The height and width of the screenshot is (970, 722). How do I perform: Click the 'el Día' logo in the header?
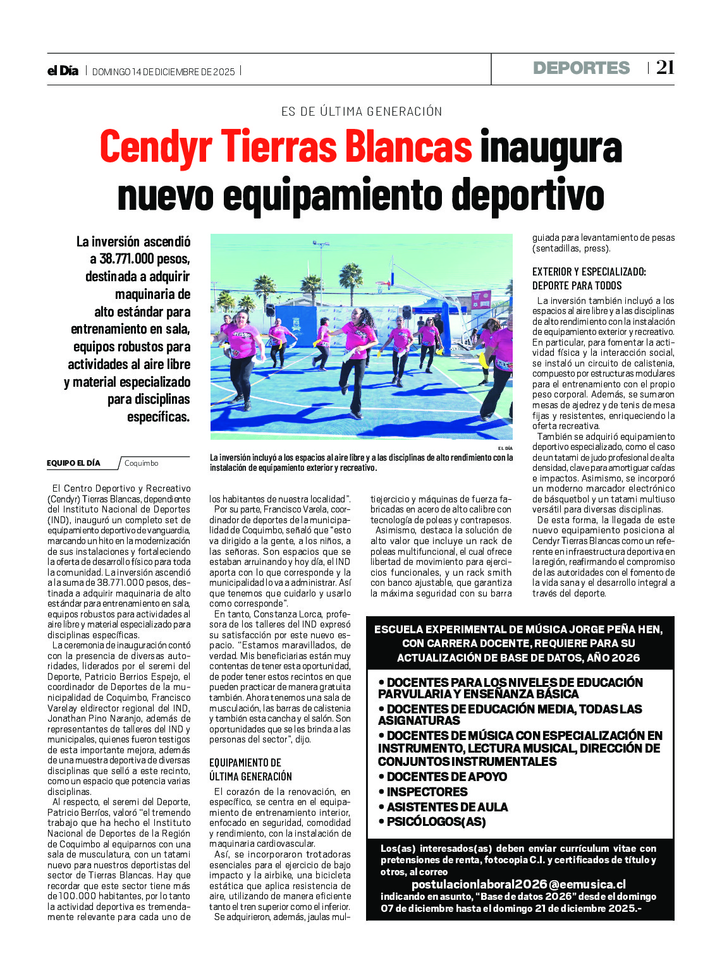pos(63,71)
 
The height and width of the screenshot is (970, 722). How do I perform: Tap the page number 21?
pos(665,68)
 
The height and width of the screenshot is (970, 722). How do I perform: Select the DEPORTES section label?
pos(581,68)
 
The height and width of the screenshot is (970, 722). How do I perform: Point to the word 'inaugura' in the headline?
pos(551,147)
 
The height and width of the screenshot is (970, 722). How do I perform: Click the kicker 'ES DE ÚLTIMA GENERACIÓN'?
pos(362,112)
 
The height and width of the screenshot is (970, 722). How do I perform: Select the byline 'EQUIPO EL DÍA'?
pos(73,463)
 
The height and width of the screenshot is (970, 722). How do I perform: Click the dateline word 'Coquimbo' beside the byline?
pos(141,463)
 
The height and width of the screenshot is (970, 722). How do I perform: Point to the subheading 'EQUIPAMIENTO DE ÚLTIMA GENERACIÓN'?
pos(250,769)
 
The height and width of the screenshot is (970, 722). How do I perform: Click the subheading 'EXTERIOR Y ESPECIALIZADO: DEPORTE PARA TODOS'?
pos(589,278)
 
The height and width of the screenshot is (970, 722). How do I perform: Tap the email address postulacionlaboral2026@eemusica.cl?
pos(518,884)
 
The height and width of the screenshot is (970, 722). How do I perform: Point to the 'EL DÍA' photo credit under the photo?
pos(505,448)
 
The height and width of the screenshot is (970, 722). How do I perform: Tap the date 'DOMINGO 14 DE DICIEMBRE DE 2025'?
pos(163,72)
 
